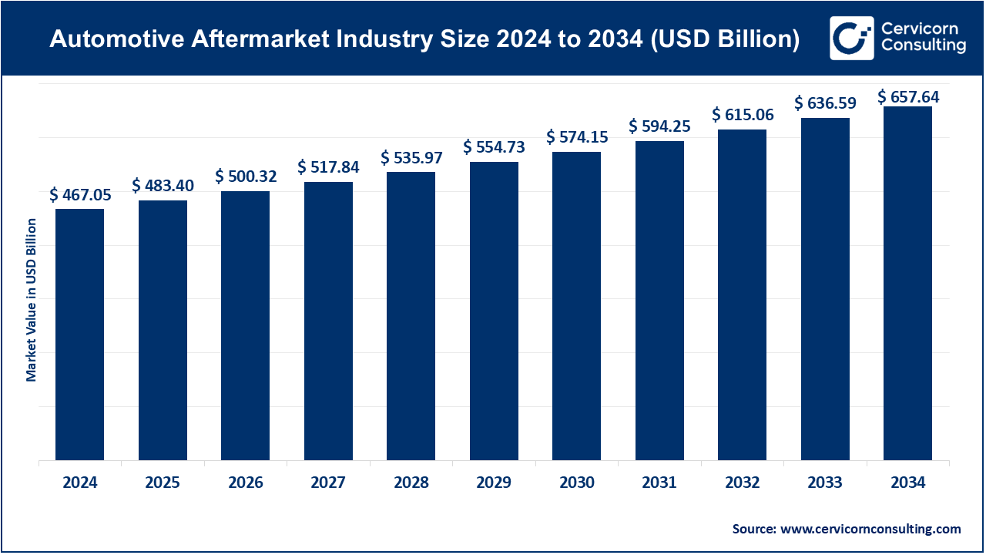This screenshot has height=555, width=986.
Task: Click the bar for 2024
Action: pos(79,335)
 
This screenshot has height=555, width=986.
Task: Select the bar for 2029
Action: pos(494,311)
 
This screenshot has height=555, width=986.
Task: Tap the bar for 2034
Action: pos(907,284)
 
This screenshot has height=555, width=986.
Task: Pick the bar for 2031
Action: pos(659,301)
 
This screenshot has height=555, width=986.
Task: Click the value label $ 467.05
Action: pos(80,195)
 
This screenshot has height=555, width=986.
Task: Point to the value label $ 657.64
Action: pos(908,97)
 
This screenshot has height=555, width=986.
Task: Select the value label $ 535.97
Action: pos(411,158)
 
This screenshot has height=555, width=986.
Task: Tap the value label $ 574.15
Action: pos(577,137)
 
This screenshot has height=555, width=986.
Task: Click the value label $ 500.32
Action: pos(246,177)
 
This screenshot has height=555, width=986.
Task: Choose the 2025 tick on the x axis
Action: pos(163,483)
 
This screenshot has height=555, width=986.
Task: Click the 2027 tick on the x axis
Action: pos(328,483)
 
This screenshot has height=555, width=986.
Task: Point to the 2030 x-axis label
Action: pos(577,483)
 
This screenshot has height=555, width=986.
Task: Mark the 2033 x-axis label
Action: pos(825,483)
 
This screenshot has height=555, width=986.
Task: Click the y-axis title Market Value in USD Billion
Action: pos(32,300)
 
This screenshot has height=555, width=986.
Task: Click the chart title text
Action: pos(424,39)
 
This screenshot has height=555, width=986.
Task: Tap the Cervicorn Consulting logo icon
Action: pos(851,38)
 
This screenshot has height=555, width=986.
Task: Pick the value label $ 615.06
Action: pos(743,115)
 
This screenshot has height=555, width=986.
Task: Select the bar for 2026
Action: pos(246,325)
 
